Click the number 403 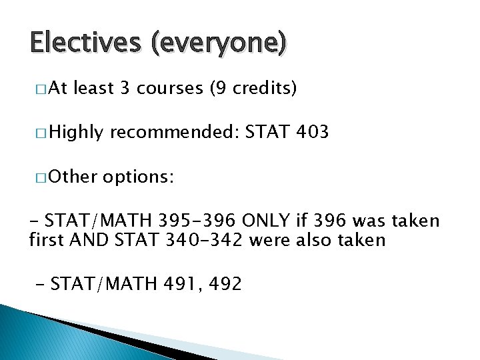pos(311,133)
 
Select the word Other pos(73,177)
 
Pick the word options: pos(139,177)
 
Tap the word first pos(46,239)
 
